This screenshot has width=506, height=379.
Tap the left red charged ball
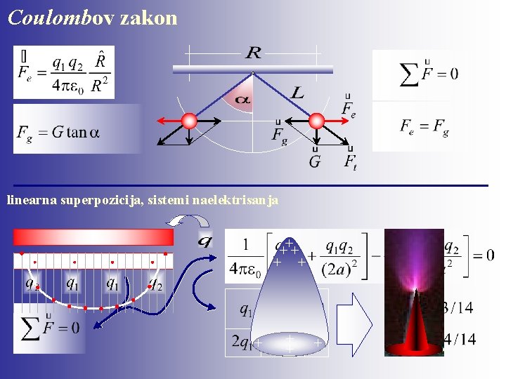click(x=188, y=121)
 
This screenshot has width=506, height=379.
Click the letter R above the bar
click(x=253, y=53)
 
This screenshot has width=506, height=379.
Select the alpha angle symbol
click(x=242, y=101)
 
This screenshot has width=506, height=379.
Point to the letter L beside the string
click(x=297, y=92)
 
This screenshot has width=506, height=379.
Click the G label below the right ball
click(x=315, y=161)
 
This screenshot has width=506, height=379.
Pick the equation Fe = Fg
click(x=424, y=126)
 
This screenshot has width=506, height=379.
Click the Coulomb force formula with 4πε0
click(x=63, y=72)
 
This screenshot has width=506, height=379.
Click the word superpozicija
click(x=94, y=201)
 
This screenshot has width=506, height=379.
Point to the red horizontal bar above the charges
click(x=93, y=237)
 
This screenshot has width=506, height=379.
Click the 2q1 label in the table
click(x=244, y=343)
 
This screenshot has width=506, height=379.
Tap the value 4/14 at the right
click(x=460, y=340)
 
